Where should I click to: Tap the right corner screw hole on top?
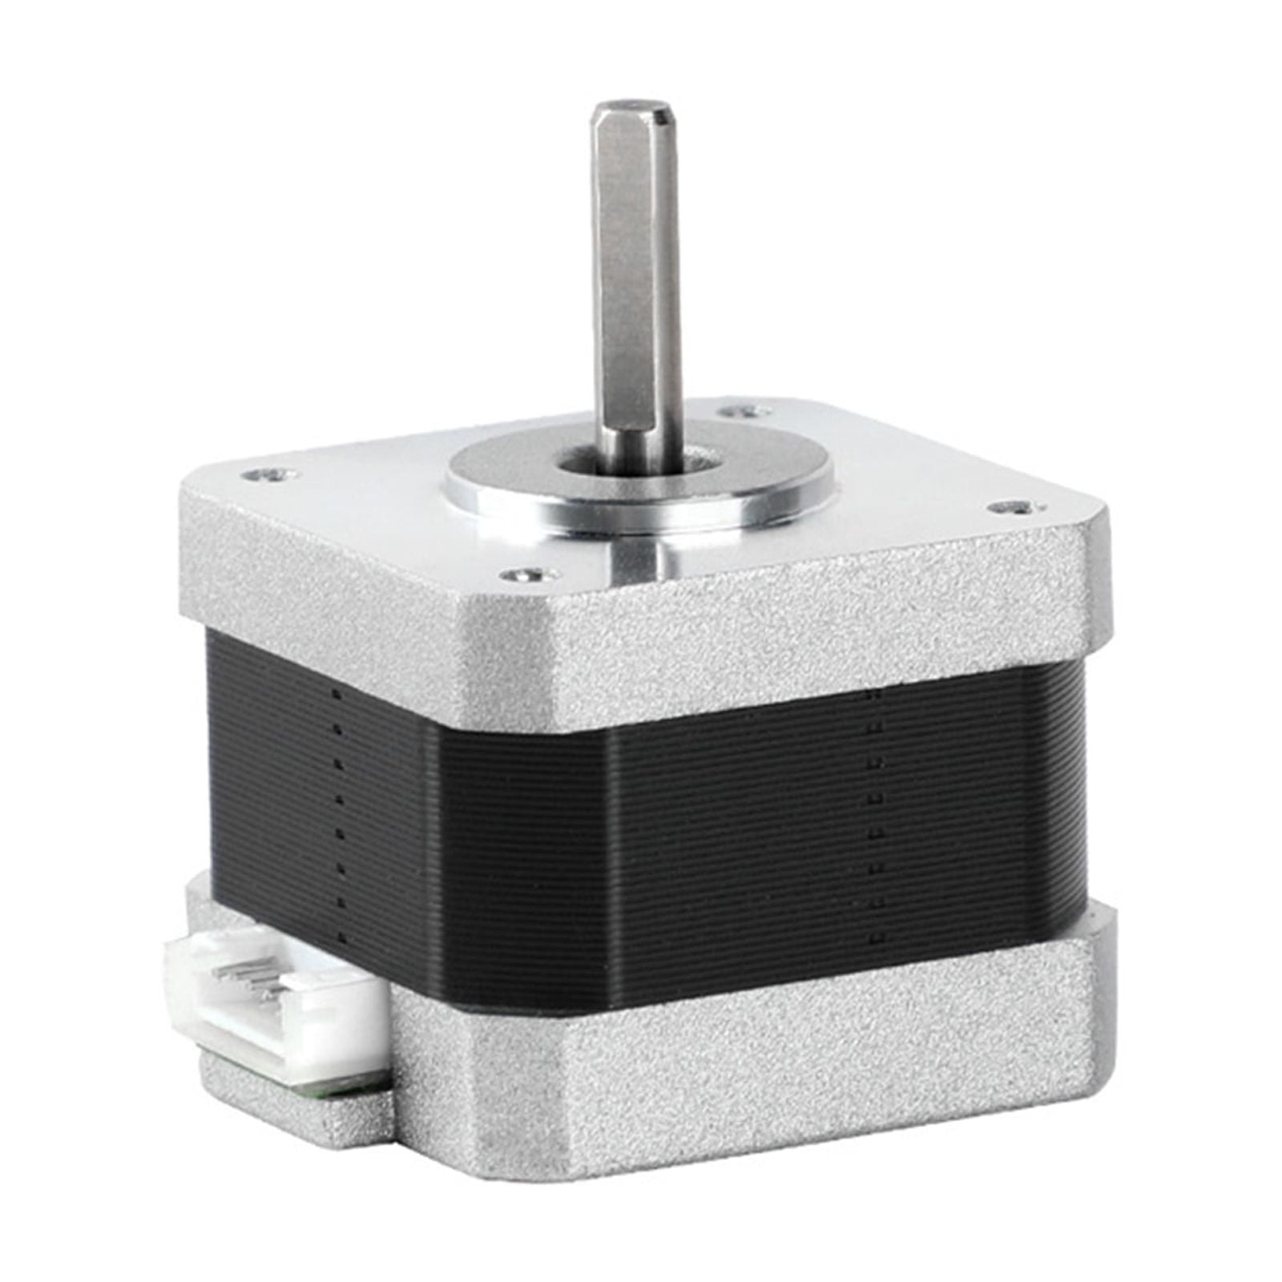(x=1011, y=507)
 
